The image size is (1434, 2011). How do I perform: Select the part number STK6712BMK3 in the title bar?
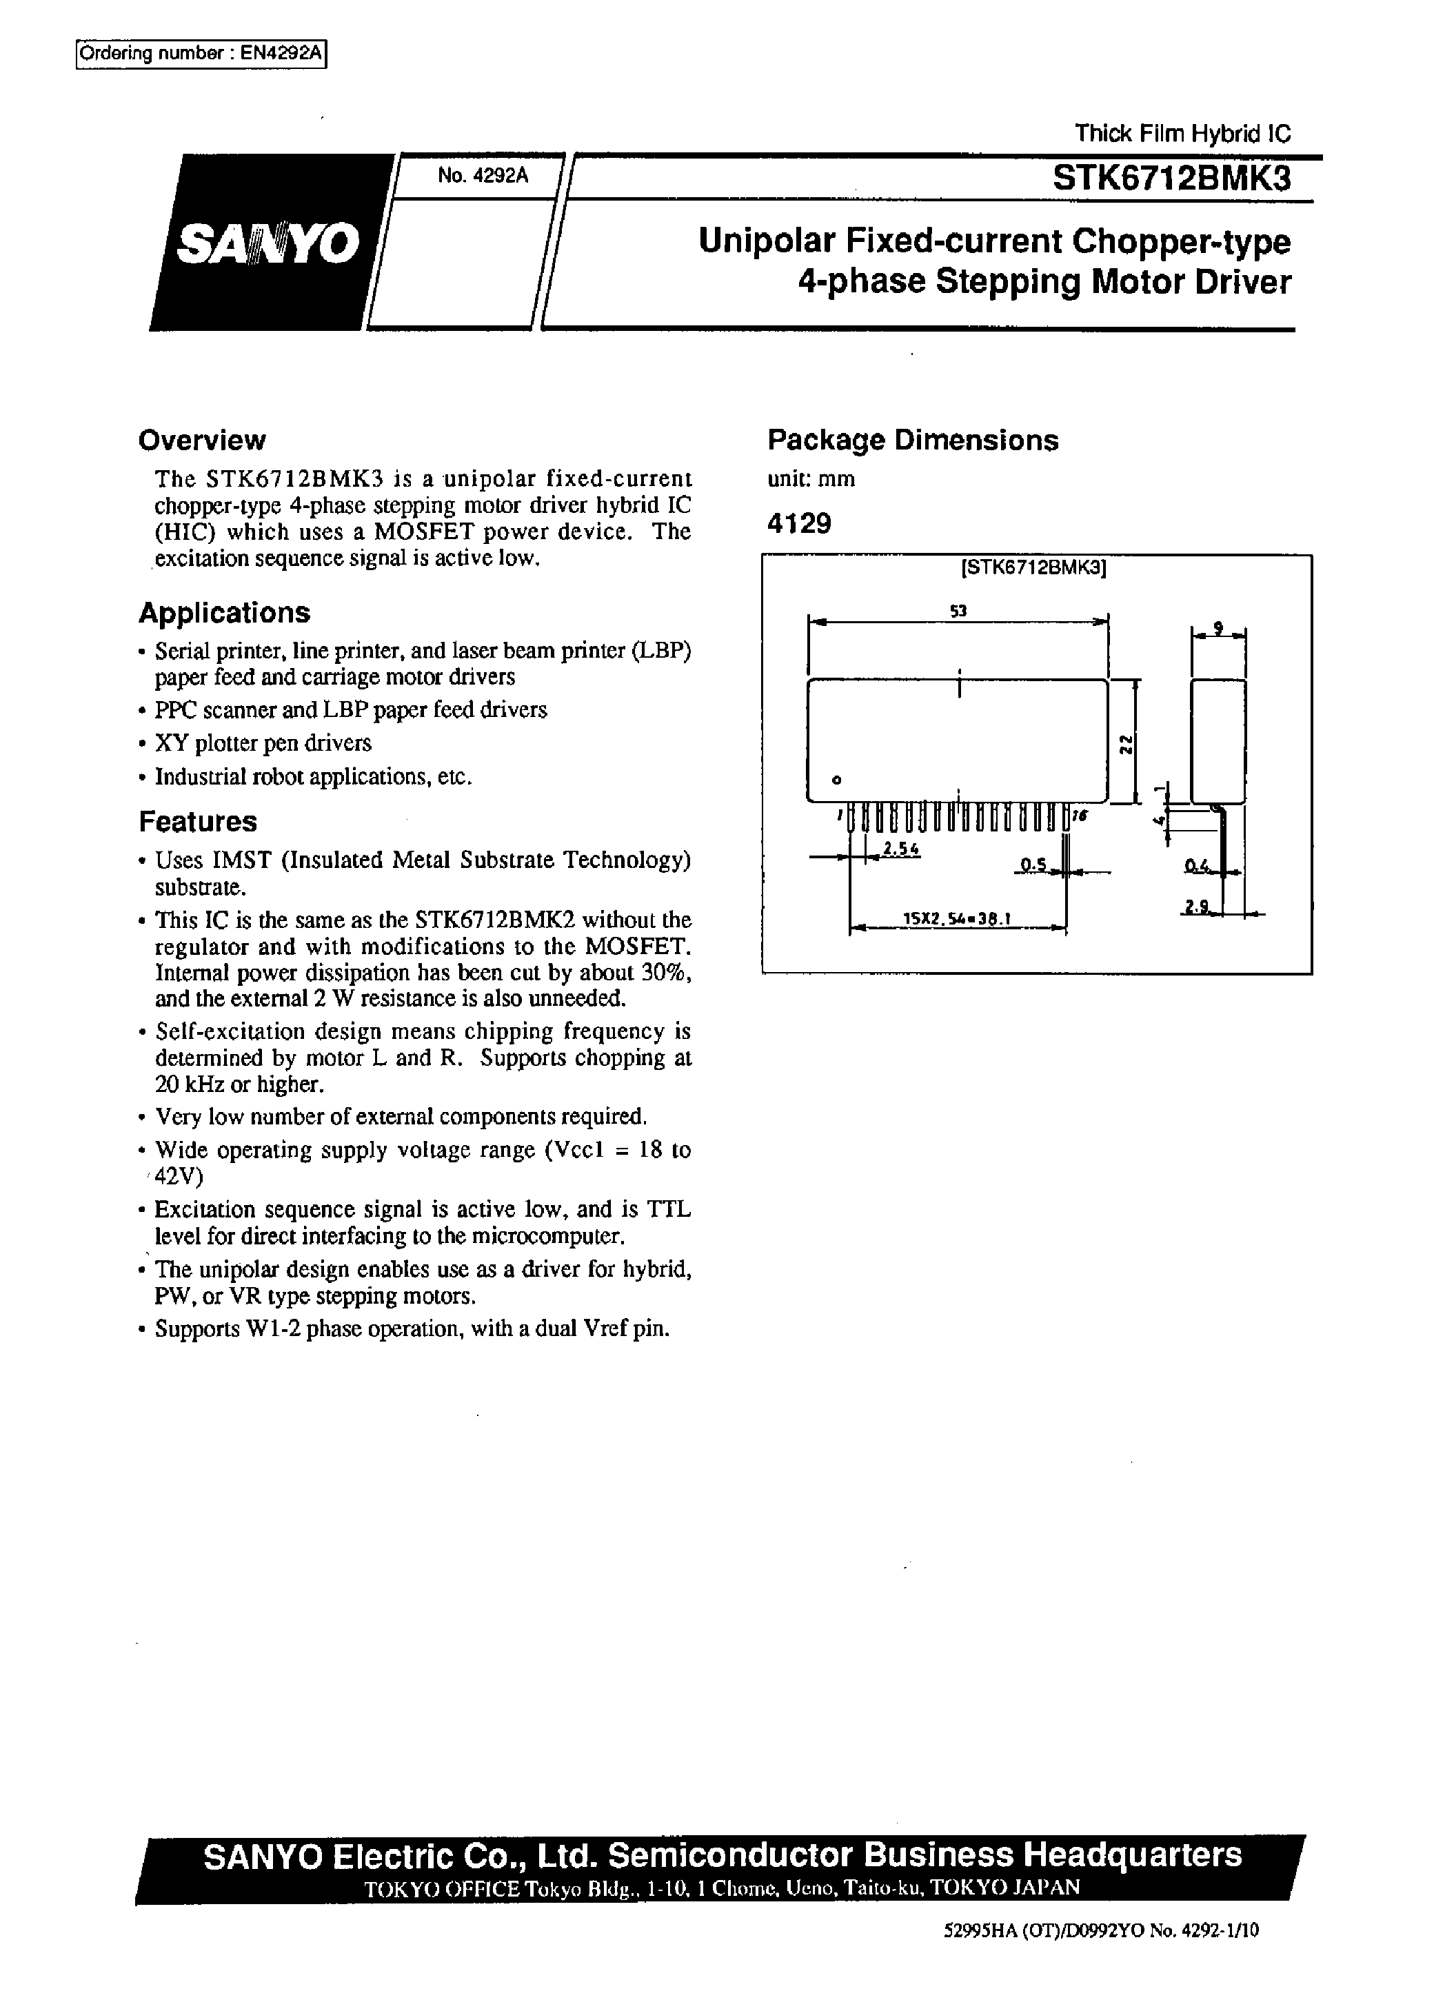pos(1171,179)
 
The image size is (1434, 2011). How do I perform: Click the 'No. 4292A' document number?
pos(482,176)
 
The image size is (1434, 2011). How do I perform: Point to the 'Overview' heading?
pos(201,441)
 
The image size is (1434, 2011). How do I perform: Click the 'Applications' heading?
pos(224,613)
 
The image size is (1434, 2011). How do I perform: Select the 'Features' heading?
pos(198,822)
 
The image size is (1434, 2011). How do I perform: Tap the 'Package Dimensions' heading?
pos(912,441)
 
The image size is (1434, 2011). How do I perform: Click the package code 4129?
pos(799,525)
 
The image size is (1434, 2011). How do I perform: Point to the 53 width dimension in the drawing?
pos(958,610)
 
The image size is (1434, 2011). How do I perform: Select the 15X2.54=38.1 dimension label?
pos(956,919)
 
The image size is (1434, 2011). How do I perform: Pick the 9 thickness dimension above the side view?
pos(1218,627)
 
